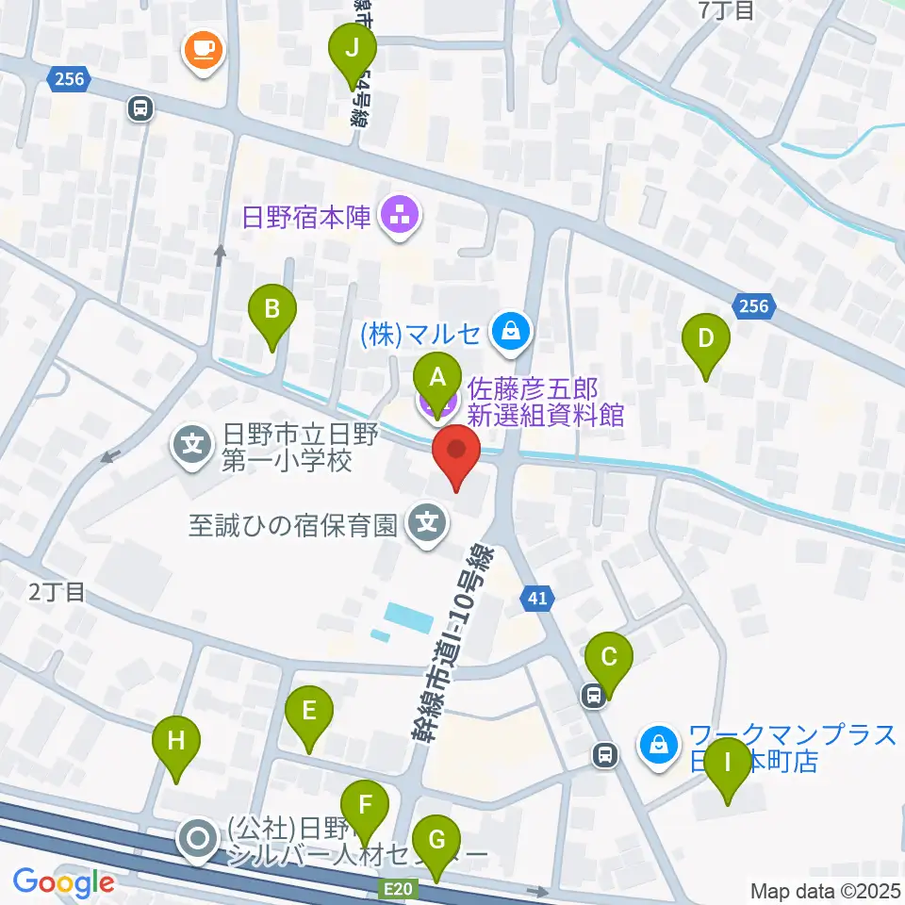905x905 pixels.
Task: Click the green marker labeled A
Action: point(437,379)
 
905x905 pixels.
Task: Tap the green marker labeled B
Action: point(271,308)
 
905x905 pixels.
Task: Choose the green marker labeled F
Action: point(363,806)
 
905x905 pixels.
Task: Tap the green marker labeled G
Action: point(436,839)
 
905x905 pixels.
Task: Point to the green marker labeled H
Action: point(176,741)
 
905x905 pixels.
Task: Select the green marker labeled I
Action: point(728,762)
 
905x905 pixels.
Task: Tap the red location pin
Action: point(456,450)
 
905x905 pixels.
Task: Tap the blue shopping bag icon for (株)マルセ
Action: point(510,331)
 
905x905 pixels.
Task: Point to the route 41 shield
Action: point(535,597)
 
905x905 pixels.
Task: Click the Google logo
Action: point(63,882)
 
